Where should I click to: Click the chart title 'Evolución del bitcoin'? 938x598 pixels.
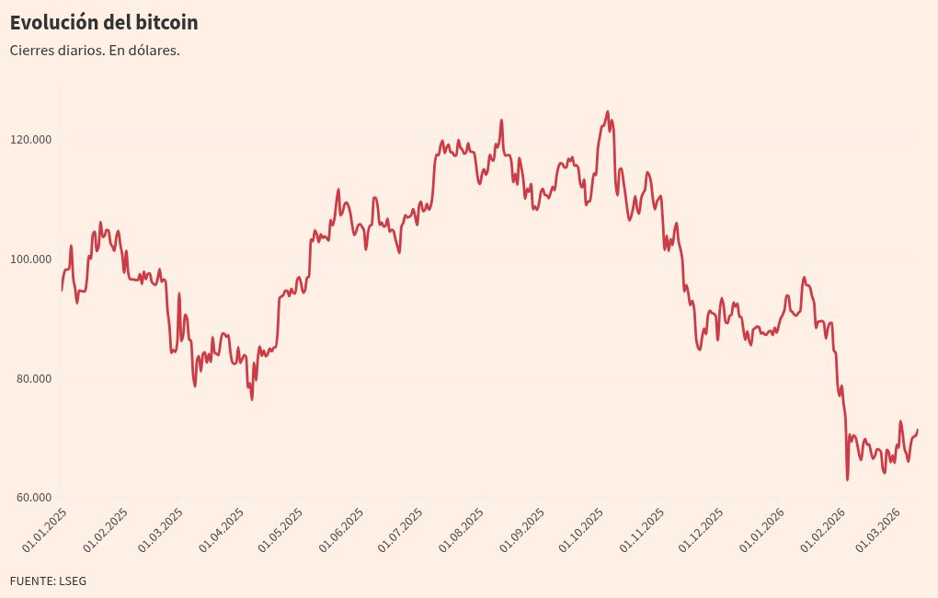[104, 22]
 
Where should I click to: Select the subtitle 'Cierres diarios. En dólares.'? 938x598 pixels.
[95, 50]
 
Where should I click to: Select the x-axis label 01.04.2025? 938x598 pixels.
[223, 528]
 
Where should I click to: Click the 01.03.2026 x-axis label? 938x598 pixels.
[877, 528]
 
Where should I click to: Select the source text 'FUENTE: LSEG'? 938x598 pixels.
[48, 581]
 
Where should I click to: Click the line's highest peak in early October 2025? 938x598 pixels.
[607, 112]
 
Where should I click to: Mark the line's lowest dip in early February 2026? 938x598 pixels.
[847, 479]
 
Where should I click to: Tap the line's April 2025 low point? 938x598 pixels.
[252, 398]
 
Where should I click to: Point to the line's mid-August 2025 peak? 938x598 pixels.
[501, 121]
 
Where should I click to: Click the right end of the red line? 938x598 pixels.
[917, 430]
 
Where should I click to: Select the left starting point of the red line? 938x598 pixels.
[62, 290]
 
